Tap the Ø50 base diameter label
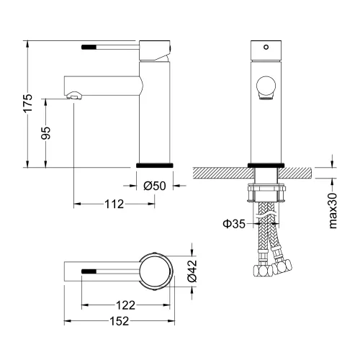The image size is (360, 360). point(155,186)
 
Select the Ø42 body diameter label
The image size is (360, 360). point(192,271)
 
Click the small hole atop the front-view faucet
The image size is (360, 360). point(266,48)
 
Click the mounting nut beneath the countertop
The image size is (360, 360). point(266,192)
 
